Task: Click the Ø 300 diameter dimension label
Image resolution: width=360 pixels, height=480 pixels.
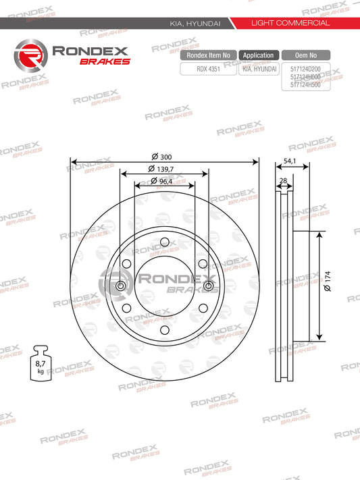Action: click(162, 157)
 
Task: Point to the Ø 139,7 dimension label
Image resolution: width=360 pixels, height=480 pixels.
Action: click(161, 169)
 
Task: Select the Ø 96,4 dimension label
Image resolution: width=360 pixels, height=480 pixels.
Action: click(161, 181)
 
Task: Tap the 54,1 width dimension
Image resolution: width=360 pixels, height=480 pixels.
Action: click(290, 161)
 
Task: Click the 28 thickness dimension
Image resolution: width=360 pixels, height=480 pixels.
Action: click(284, 181)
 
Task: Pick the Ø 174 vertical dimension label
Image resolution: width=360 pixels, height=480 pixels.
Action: click(328, 281)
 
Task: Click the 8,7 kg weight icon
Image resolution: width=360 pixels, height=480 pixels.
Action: click(41, 363)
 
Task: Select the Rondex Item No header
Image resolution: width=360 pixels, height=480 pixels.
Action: click(208, 55)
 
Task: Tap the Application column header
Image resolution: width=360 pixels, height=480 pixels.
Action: click(259, 55)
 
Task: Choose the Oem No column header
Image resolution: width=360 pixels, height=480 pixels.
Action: click(306, 55)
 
